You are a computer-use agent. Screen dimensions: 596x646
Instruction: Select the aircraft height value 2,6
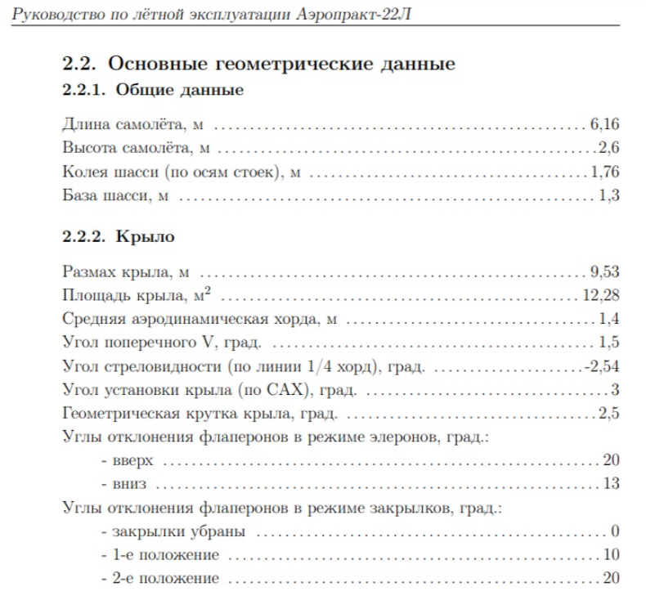point(609,148)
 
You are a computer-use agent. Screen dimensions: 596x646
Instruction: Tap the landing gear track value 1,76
point(604,172)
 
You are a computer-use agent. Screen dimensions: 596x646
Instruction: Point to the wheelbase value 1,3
point(609,195)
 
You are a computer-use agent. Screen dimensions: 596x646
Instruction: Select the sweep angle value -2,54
point(602,365)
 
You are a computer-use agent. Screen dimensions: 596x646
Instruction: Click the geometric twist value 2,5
point(609,413)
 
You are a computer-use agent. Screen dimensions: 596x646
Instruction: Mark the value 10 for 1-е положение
point(612,555)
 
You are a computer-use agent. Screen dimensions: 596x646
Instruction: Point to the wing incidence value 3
point(616,389)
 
